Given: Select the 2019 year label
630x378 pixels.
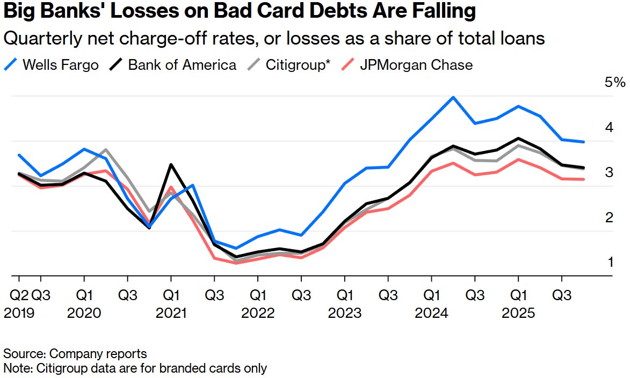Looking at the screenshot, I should tap(19, 313).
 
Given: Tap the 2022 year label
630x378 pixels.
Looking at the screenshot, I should tap(258, 313).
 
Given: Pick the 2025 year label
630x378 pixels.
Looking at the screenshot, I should tap(518, 313).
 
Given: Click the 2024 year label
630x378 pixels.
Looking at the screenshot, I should tap(431, 313).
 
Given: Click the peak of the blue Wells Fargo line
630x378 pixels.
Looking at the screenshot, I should tap(453, 98).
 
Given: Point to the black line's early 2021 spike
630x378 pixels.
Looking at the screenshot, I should tap(171, 165).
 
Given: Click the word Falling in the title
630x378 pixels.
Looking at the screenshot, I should tap(438, 11).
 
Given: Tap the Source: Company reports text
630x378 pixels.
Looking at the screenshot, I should tap(75, 354).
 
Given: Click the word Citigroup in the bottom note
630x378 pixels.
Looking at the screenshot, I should tap(54, 368).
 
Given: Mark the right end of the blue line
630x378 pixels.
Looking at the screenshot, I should tap(584, 142).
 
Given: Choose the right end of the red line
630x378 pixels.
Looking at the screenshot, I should tap(584, 179).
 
